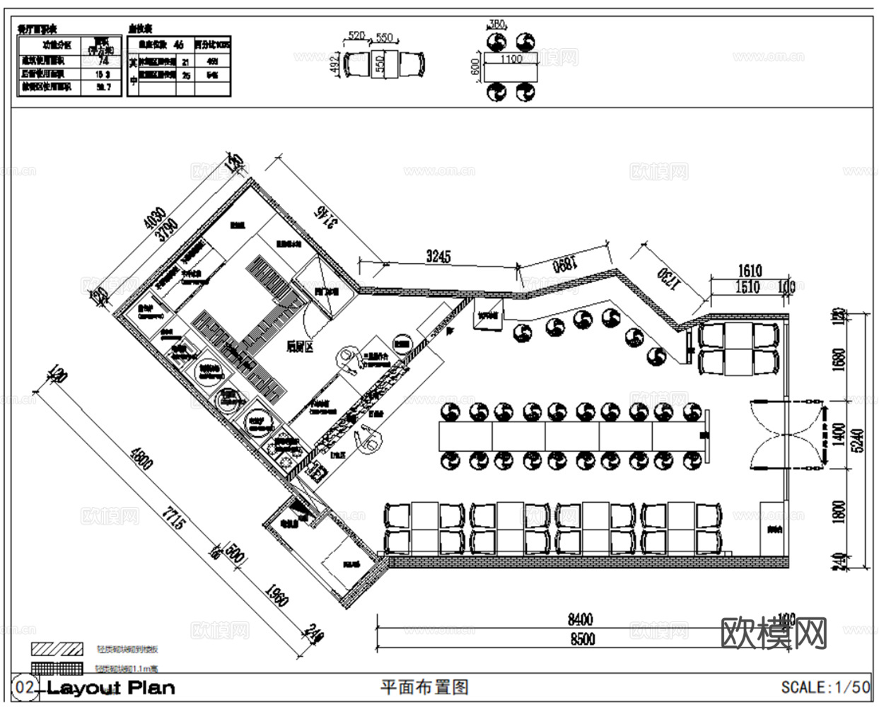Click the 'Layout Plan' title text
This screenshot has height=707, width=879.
110,687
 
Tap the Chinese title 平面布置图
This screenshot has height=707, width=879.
424,686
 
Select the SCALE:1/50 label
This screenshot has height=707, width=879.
825,686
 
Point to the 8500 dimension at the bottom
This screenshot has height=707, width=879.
581,639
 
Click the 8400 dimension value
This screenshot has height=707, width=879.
580,620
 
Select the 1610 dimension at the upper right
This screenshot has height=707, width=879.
750,270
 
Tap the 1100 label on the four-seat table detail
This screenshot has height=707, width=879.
511,59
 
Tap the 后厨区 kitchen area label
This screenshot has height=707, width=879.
301,346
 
